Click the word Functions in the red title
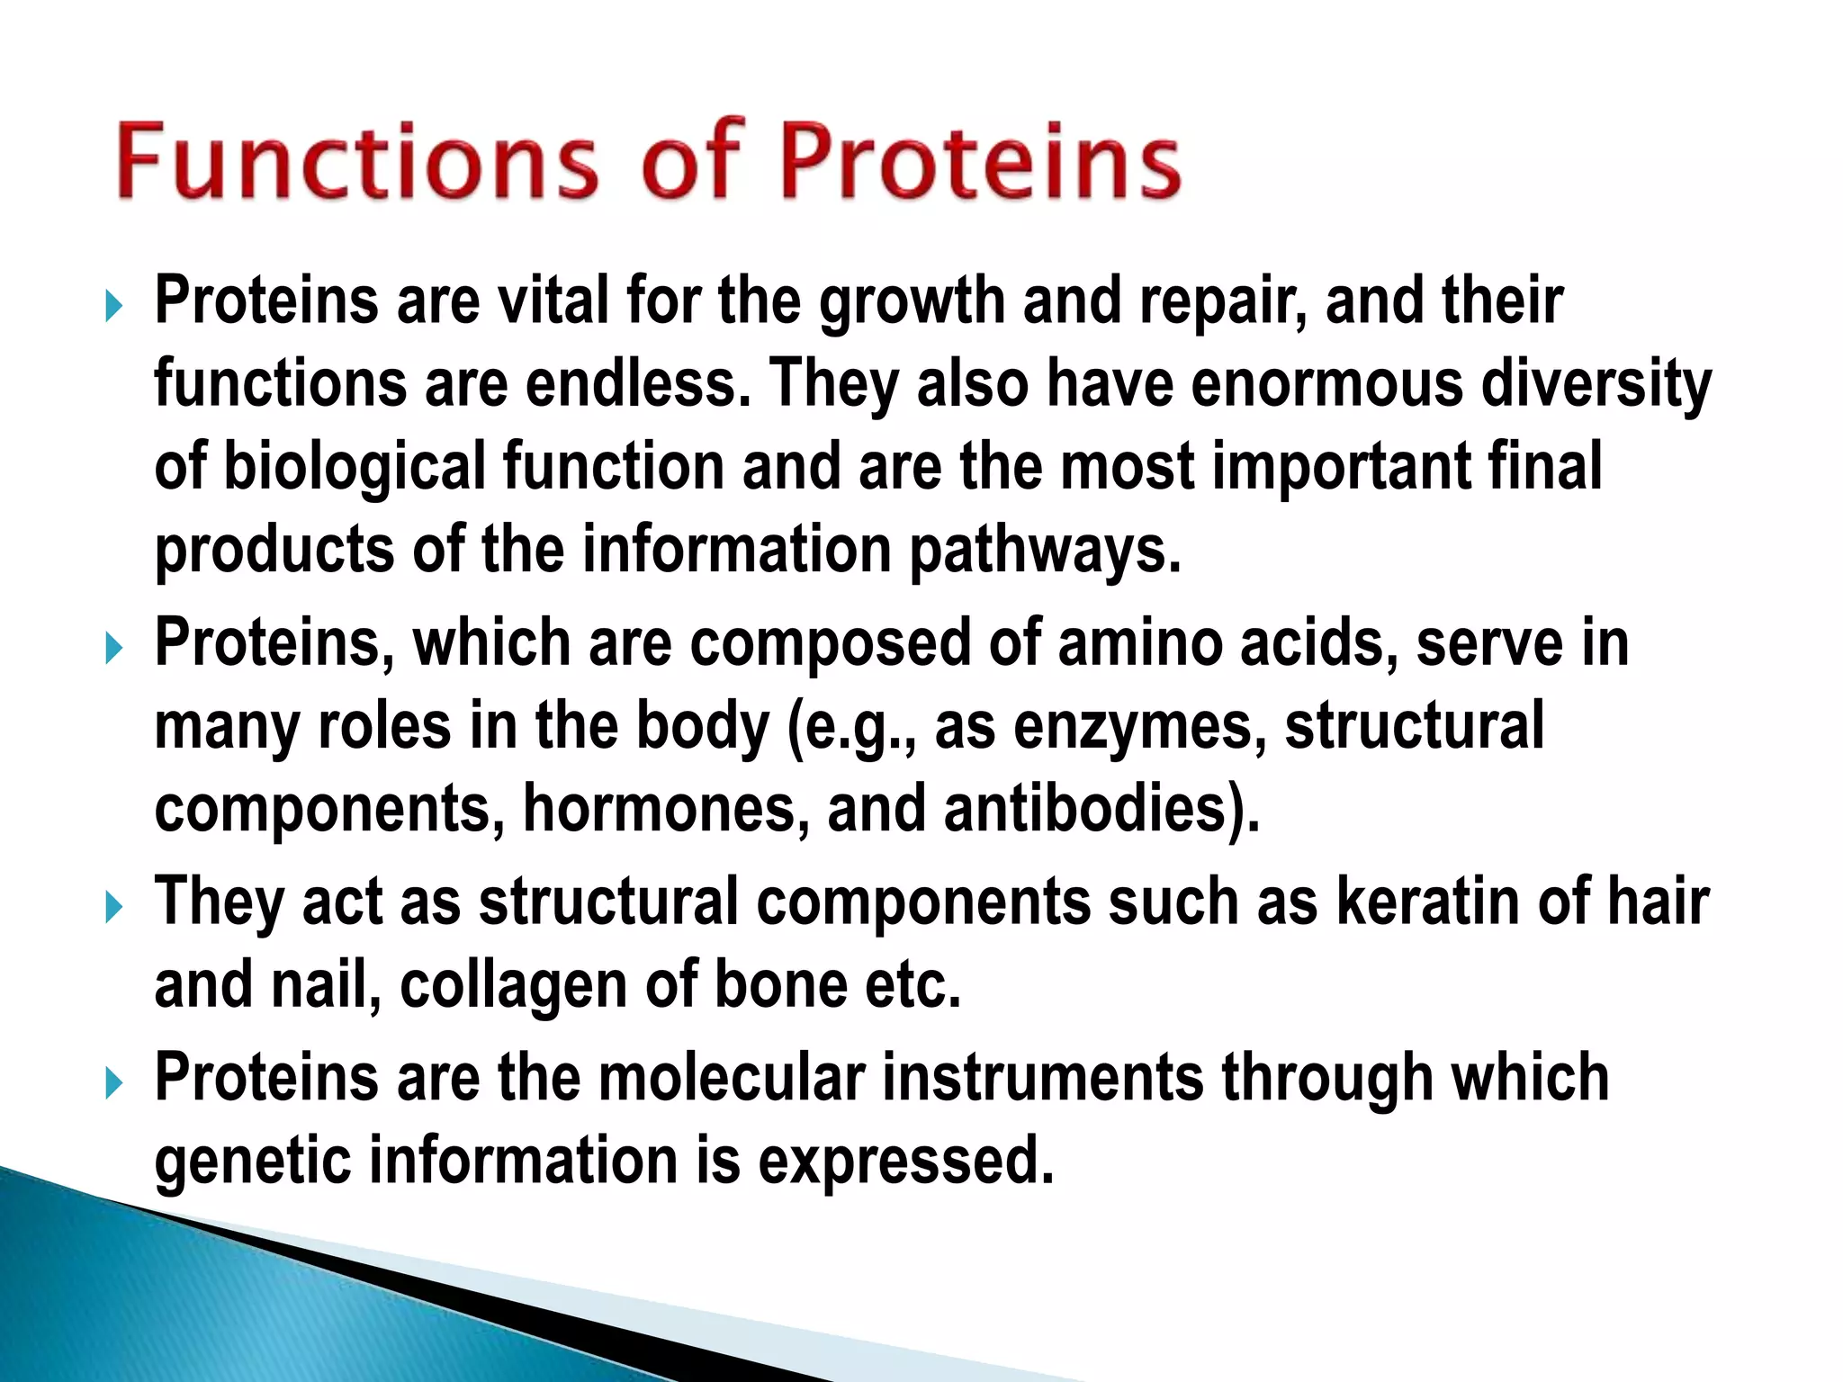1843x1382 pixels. click(355, 162)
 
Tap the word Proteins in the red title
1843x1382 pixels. click(979, 162)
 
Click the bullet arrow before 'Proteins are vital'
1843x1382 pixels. click(113, 306)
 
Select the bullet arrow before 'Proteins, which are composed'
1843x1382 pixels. click(113, 648)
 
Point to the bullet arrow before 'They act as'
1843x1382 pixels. click(113, 907)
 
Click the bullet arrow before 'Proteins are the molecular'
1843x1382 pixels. click(113, 1082)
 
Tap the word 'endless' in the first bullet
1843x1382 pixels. click(636, 383)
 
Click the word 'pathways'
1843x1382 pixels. click(1044, 550)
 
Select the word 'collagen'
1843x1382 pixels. click(514, 985)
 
